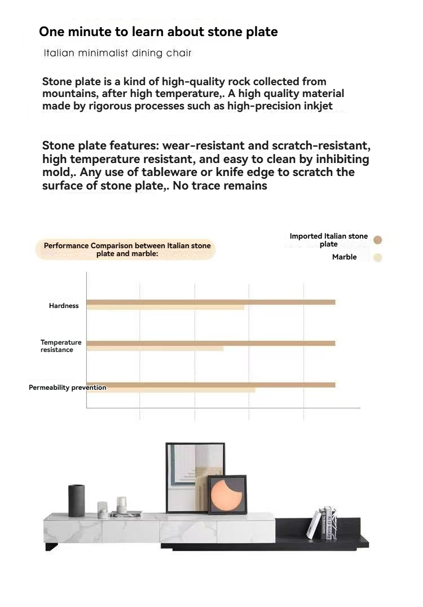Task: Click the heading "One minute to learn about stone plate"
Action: point(158,32)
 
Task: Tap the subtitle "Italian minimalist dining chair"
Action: point(117,53)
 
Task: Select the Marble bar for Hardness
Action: point(165,307)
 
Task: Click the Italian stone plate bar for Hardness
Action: point(210,302)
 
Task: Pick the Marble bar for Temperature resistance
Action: point(155,348)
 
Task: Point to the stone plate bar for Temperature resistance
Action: point(210,343)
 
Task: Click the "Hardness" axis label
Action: point(64,306)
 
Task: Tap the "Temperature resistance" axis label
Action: point(60,346)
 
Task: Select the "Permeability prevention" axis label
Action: point(67,388)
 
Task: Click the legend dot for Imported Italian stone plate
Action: point(378,240)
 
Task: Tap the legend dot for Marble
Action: point(378,258)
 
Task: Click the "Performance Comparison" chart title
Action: point(127,249)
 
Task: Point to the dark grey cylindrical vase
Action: point(77,500)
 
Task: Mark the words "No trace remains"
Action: point(220,185)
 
